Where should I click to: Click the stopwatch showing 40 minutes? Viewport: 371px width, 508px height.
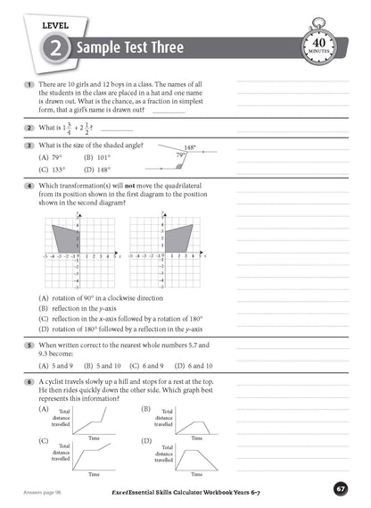(321, 45)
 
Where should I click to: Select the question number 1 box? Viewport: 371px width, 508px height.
(29, 85)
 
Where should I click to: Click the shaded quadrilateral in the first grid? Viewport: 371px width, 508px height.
(66, 236)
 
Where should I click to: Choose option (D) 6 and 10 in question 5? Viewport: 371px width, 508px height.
(194, 365)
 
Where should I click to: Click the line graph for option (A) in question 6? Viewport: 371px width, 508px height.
(92, 422)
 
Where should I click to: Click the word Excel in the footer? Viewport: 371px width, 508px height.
(120, 490)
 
